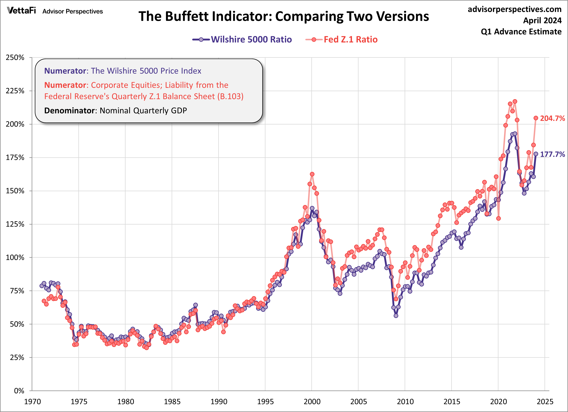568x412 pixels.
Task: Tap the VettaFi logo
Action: tap(21, 11)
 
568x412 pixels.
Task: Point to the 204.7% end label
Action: tap(552, 118)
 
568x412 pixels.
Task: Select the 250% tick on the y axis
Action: tap(15, 58)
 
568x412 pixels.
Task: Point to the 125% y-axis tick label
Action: tap(15, 224)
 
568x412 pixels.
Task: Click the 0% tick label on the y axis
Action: tap(19, 391)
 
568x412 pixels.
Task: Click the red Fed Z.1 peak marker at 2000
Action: tap(312, 174)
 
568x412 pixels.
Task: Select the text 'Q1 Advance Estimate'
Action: tap(521, 32)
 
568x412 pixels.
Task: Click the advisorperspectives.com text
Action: tap(515, 9)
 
